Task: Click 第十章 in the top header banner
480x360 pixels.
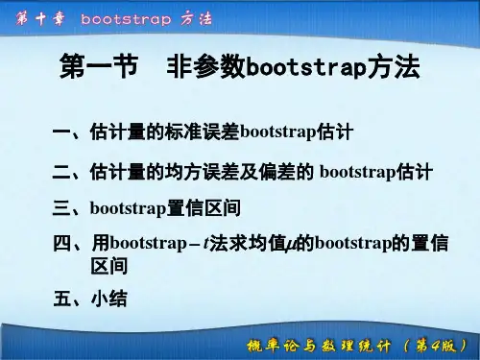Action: pos(36,18)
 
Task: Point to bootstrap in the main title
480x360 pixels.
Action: pos(293,70)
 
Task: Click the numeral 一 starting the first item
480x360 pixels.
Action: pos(60,130)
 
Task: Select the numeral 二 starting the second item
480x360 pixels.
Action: pos(60,173)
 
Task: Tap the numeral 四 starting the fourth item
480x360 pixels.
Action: pos(60,242)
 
